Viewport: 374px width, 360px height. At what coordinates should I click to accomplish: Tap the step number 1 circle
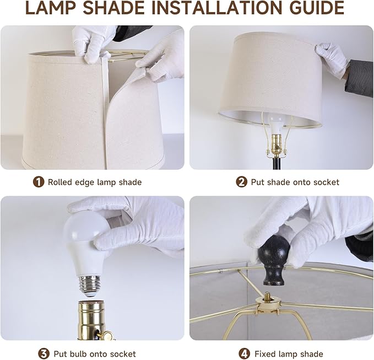click(39, 182)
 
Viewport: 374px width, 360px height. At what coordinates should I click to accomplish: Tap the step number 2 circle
click(242, 182)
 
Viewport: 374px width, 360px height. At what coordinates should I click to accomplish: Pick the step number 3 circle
click(44, 353)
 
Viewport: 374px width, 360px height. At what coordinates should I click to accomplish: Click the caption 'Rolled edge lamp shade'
click(94, 182)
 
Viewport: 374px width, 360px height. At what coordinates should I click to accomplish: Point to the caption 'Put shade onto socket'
click(295, 182)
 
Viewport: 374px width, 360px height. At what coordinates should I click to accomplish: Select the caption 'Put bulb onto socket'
click(94, 353)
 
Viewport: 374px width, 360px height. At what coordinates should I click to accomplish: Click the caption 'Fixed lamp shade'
click(289, 353)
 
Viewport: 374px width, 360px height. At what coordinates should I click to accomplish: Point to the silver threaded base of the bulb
click(90, 284)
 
